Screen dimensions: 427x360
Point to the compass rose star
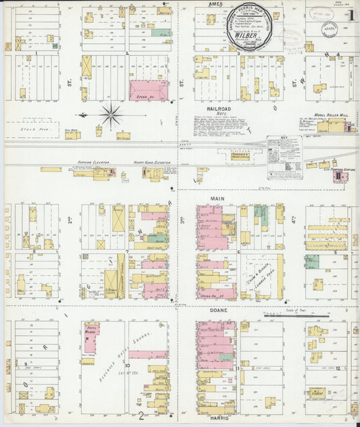[111, 113]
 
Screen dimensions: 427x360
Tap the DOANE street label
[216, 310]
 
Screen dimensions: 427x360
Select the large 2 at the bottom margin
[140, 416]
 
